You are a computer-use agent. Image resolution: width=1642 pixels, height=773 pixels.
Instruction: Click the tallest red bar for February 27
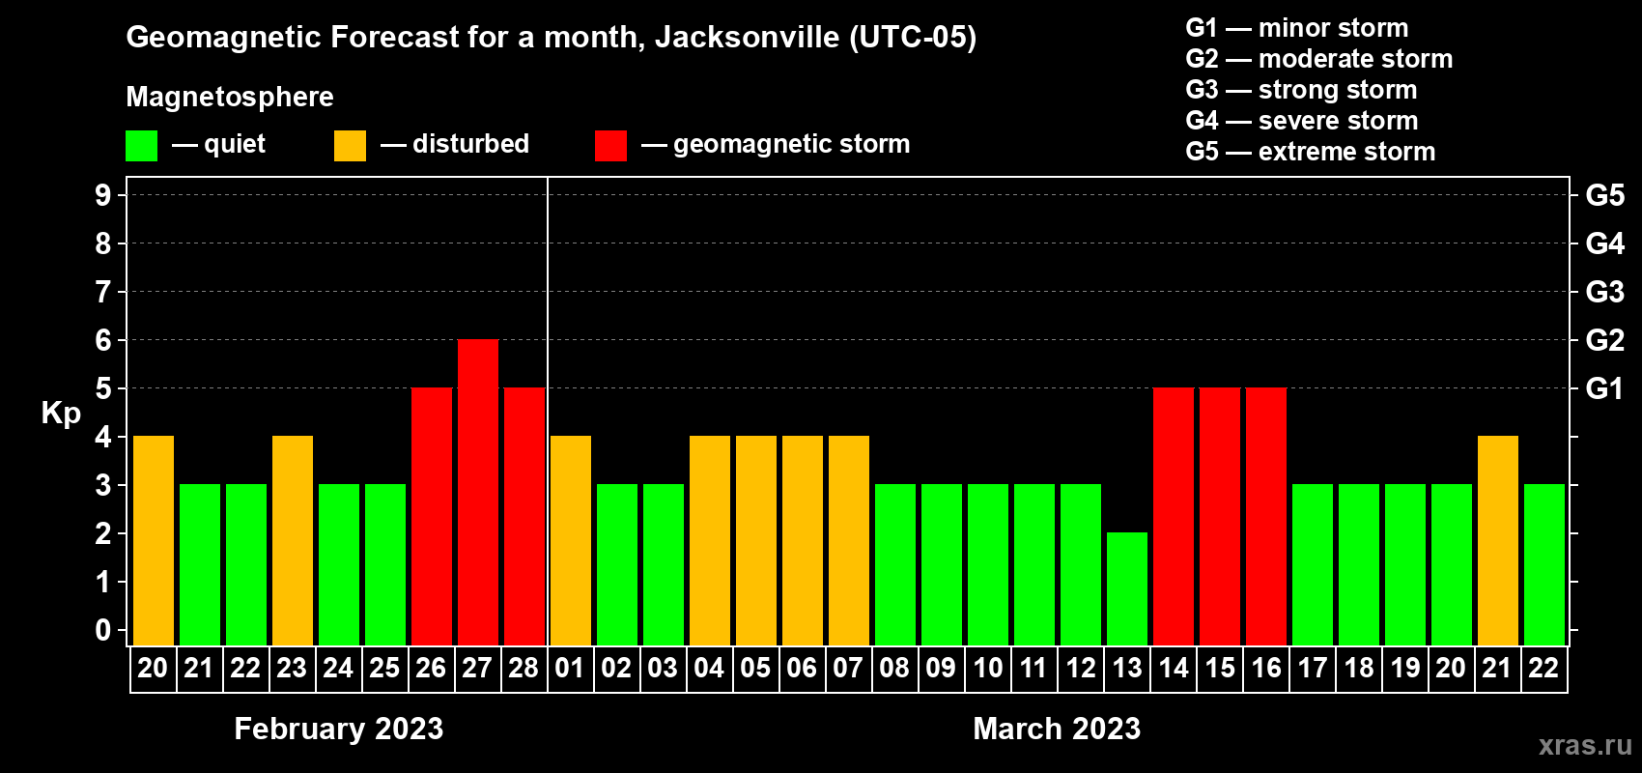[478, 492]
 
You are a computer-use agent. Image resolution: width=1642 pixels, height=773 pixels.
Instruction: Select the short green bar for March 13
[1127, 588]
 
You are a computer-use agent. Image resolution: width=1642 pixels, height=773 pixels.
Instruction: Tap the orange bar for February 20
[154, 540]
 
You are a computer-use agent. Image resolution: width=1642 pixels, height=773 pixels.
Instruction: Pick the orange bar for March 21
[1498, 540]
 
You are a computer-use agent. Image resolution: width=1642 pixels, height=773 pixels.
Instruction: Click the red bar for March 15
[1220, 516]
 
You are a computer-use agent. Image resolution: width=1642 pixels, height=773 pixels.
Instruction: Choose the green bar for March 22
[1544, 564]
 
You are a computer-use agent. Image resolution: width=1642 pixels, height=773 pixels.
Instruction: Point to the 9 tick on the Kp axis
[103, 195]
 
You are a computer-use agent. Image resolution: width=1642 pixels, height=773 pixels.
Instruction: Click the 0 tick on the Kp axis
[103, 631]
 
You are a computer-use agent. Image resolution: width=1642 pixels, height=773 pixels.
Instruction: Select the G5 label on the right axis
[1604, 195]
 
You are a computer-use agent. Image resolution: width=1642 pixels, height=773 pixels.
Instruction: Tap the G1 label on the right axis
[1604, 388]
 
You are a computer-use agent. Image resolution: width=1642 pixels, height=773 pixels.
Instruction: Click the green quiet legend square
[142, 146]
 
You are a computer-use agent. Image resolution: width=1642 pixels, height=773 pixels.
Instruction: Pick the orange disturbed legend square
[350, 146]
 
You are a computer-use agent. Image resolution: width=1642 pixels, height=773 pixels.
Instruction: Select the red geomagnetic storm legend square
[610, 146]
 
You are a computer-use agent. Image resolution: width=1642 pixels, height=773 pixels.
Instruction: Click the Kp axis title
[61, 414]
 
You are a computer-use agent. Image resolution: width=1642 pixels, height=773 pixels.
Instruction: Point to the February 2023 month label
[338, 729]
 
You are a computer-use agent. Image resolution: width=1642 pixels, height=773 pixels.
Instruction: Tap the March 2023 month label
[1057, 729]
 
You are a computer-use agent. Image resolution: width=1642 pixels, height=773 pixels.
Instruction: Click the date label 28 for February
[524, 668]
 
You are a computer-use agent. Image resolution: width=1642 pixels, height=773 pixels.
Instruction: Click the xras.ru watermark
[1585, 745]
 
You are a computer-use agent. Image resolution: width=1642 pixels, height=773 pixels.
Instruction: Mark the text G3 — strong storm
[1301, 90]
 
